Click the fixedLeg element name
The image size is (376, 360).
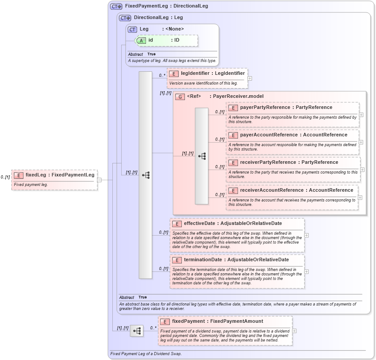point(35,175)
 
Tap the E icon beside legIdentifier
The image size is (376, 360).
point(174,74)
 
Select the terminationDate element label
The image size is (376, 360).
point(200,260)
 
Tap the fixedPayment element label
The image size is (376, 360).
point(188,321)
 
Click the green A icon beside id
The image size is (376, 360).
point(141,40)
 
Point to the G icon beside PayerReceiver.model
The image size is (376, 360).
point(180,97)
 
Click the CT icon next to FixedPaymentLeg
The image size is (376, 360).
point(116,7)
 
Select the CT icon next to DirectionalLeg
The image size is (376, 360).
point(125,18)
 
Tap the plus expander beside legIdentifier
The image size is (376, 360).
point(250,78)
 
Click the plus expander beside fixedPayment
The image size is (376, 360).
point(294,331)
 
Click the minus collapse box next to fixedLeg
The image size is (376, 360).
point(100,180)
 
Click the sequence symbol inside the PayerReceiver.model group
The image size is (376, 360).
point(202,156)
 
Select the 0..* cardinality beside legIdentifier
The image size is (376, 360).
point(162,75)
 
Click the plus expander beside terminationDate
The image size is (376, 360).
point(307,271)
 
